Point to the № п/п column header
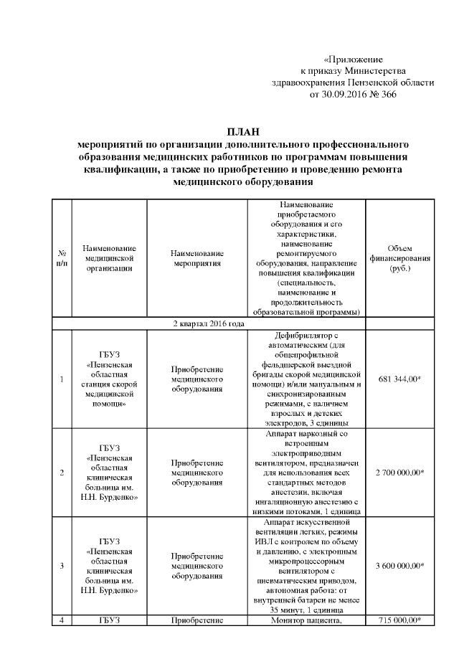pyautogui.click(x=62, y=258)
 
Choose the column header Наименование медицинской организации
pyautogui.click(x=110, y=258)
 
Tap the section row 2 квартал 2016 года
pyautogui.click(x=208, y=324)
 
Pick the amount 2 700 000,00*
pyautogui.click(x=399, y=473)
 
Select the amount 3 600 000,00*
pyautogui.click(x=399, y=566)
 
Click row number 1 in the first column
pyautogui.click(x=62, y=379)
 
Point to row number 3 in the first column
pyautogui.click(x=62, y=566)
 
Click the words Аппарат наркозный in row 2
pyautogui.click(x=306, y=433)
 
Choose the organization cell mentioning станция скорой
pyautogui.click(x=110, y=379)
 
